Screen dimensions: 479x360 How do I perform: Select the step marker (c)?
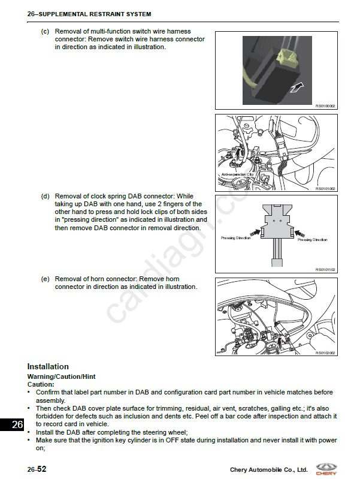coord(45,31)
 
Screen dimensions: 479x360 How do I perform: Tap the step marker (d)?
coord(45,196)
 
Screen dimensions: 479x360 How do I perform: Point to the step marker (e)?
coord(45,279)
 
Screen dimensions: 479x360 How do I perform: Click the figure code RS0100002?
coord(325,106)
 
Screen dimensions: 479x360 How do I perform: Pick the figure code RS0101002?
coord(325,188)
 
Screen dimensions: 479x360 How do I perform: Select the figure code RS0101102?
coord(325,270)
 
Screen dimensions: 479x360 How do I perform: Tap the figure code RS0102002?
coord(325,353)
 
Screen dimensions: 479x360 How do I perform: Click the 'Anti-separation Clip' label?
coord(238,174)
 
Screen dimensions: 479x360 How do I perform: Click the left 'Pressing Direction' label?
coord(235,238)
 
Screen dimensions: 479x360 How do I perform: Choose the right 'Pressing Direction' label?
coord(312,240)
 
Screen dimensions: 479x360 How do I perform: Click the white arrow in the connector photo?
coord(294,88)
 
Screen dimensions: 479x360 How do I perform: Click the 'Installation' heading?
coord(48,366)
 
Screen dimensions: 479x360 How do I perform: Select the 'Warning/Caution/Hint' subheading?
coord(61,376)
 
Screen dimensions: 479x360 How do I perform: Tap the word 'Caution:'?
coord(41,384)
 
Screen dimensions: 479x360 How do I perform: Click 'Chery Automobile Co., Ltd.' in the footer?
coord(268,470)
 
